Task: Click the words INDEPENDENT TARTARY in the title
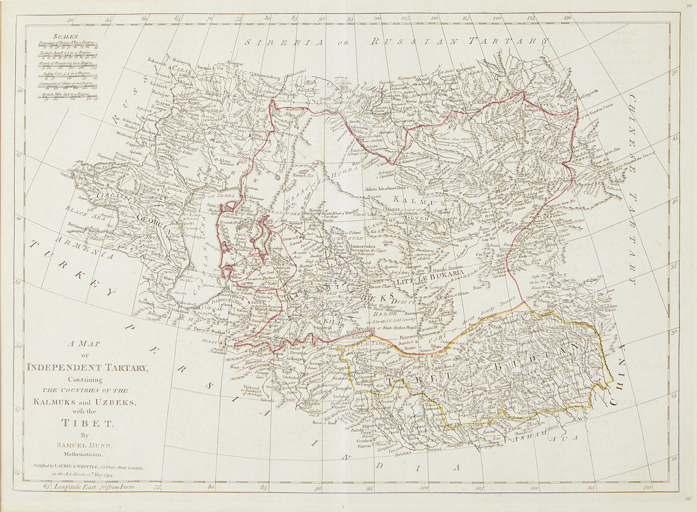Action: click(x=87, y=368)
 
